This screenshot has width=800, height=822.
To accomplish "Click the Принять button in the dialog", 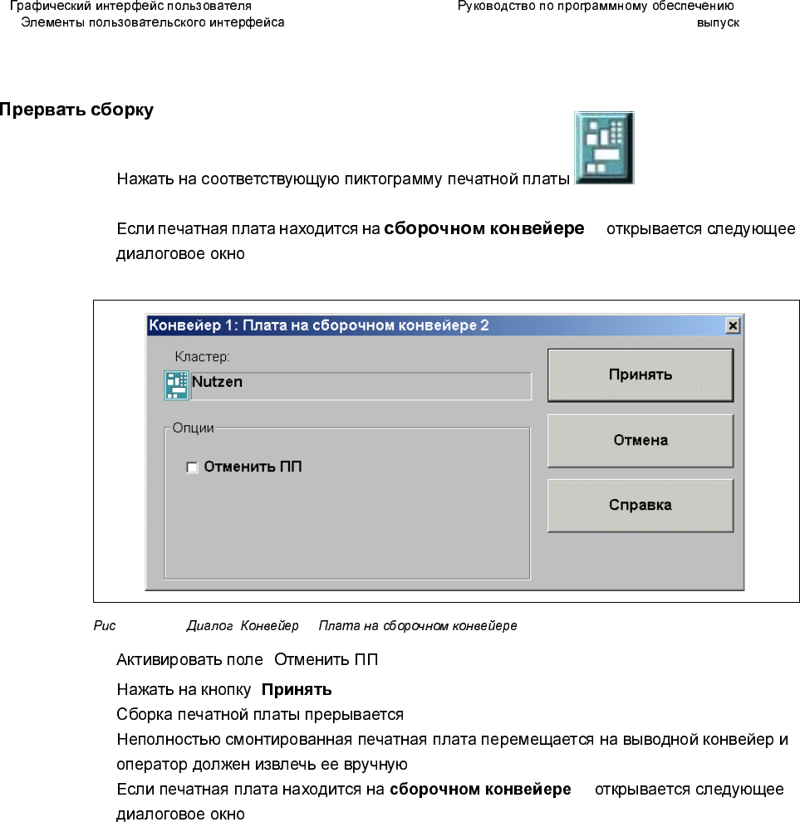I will point(640,374).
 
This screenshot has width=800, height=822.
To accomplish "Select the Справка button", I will point(640,505).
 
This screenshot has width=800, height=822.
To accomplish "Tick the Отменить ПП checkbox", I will point(193,467).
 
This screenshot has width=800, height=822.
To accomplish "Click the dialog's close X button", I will point(732,326).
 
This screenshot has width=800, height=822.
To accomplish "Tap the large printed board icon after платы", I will point(604,148).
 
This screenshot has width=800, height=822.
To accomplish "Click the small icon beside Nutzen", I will point(177,384).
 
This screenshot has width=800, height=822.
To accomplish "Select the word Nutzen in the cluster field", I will point(217,382).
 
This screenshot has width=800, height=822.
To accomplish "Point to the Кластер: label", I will point(202,357).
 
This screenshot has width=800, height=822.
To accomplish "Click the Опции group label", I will point(192,428).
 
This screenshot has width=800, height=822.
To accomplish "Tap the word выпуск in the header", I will point(718,22).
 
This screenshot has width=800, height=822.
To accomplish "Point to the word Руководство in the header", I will point(494,7).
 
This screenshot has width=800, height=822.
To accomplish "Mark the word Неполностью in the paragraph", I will point(155,738).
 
